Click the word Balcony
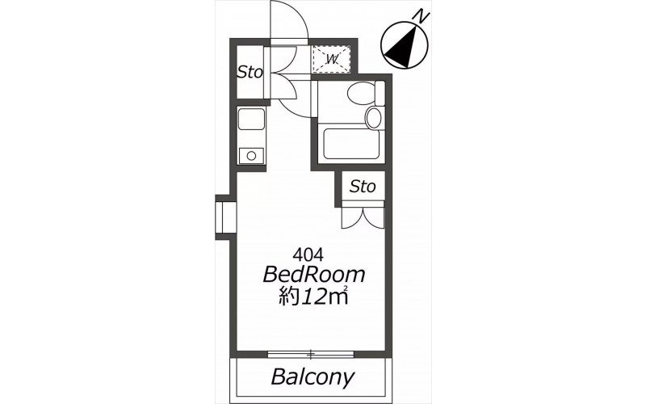click(x=313, y=377)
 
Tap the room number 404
click(x=308, y=255)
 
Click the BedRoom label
click(x=314, y=275)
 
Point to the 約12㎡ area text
click(x=313, y=296)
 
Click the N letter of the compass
click(x=422, y=17)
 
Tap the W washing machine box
click(x=332, y=59)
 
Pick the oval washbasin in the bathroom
click(x=374, y=117)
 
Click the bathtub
click(x=351, y=144)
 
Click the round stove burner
click(x=251, y=156)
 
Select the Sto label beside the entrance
click(x=250, y=73)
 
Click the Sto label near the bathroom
click(x=363, y=187)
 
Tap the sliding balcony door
click(x=311, y=354)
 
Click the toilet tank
click(x=380, y=93)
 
